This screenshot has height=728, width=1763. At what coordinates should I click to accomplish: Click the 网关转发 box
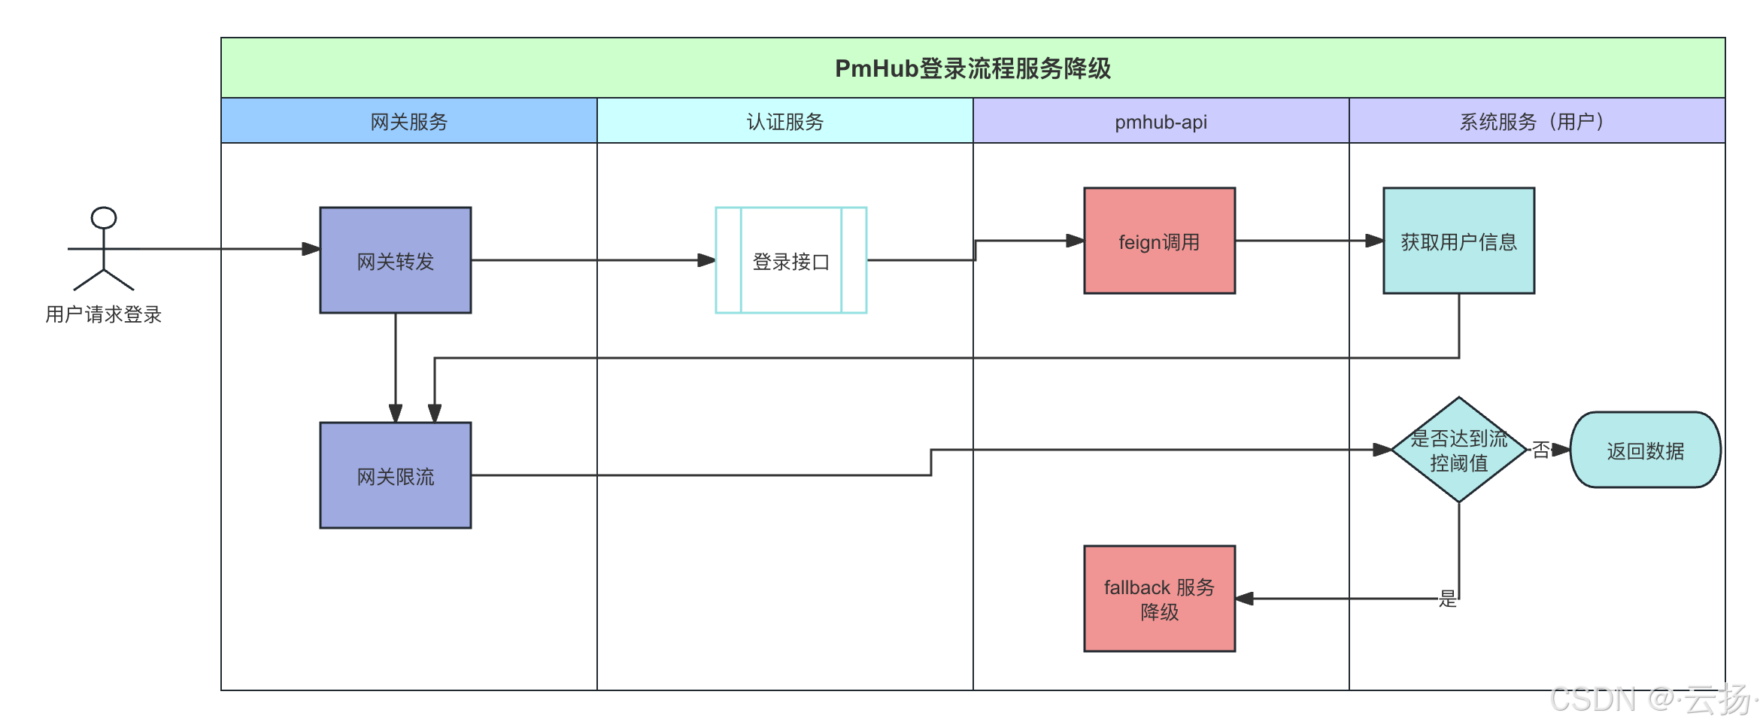click(396, 260)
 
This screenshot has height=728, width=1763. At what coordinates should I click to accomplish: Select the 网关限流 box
click(396, 475)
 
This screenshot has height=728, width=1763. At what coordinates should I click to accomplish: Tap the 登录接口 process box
click(790, 260)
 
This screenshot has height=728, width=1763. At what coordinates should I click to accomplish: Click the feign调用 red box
click(1159, 241)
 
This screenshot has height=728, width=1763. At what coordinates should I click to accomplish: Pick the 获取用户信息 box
click(1458, 241)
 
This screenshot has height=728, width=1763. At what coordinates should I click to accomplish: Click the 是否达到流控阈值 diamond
click(1458, 450)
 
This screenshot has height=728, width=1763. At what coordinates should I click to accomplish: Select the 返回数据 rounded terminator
click(1645, 450)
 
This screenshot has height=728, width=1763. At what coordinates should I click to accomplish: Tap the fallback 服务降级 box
click(1159, 599)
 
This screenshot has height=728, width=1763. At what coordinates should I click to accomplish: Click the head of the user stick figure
click(104, 218)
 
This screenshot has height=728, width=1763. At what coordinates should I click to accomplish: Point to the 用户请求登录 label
click(104, 314)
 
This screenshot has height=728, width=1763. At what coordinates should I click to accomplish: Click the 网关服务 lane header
click(409, 121)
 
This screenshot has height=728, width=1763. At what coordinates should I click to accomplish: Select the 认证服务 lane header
click(785, 121)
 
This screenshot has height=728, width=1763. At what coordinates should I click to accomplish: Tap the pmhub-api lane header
click(1161, 121)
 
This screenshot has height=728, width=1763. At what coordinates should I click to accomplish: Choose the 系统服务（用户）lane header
click(1536, 121)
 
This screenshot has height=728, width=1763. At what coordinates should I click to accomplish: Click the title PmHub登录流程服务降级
click(973, 68)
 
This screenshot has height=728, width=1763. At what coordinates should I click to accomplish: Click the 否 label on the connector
click(1541, 450)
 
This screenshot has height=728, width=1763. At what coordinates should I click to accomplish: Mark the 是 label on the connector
click(1448, 599)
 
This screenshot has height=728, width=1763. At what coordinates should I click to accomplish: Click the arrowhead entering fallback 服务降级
click(1245, 599)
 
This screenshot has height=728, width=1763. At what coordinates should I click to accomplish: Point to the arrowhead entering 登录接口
click(706, 260)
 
